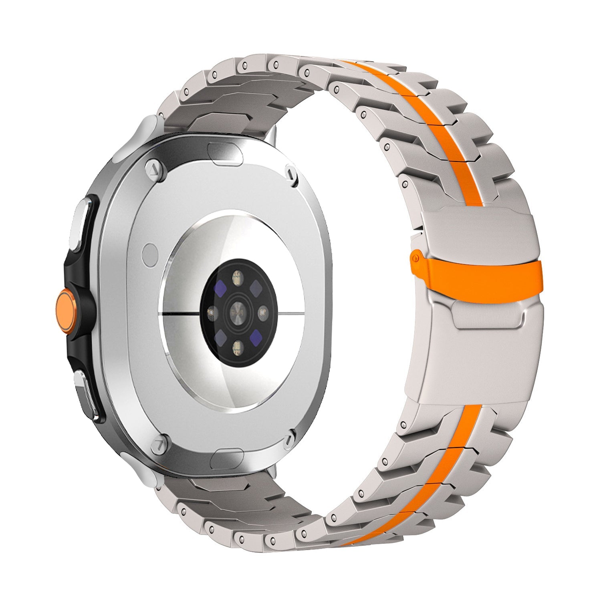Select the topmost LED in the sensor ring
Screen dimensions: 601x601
point(237,277)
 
